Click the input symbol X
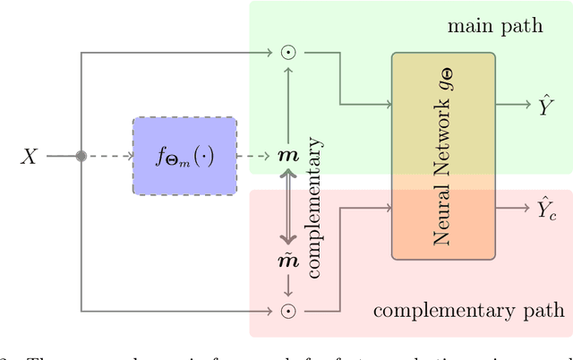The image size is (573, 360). (30, 157)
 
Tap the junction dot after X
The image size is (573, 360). (81, 156)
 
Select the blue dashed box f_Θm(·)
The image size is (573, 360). (184, 156)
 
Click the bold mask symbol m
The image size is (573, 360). (288, 157)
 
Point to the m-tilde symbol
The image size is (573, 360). (288, 261)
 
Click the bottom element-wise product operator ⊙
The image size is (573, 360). (288, 311)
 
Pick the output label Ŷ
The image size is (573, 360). (543, 104)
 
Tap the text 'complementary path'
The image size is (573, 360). (468, 311)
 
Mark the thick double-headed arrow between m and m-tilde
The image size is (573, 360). (288, 209)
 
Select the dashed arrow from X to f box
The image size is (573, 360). (107, 156)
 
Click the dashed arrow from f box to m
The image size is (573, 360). (255, 156)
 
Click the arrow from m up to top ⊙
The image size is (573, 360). (288, 103)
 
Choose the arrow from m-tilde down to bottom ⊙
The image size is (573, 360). (288, 287)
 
